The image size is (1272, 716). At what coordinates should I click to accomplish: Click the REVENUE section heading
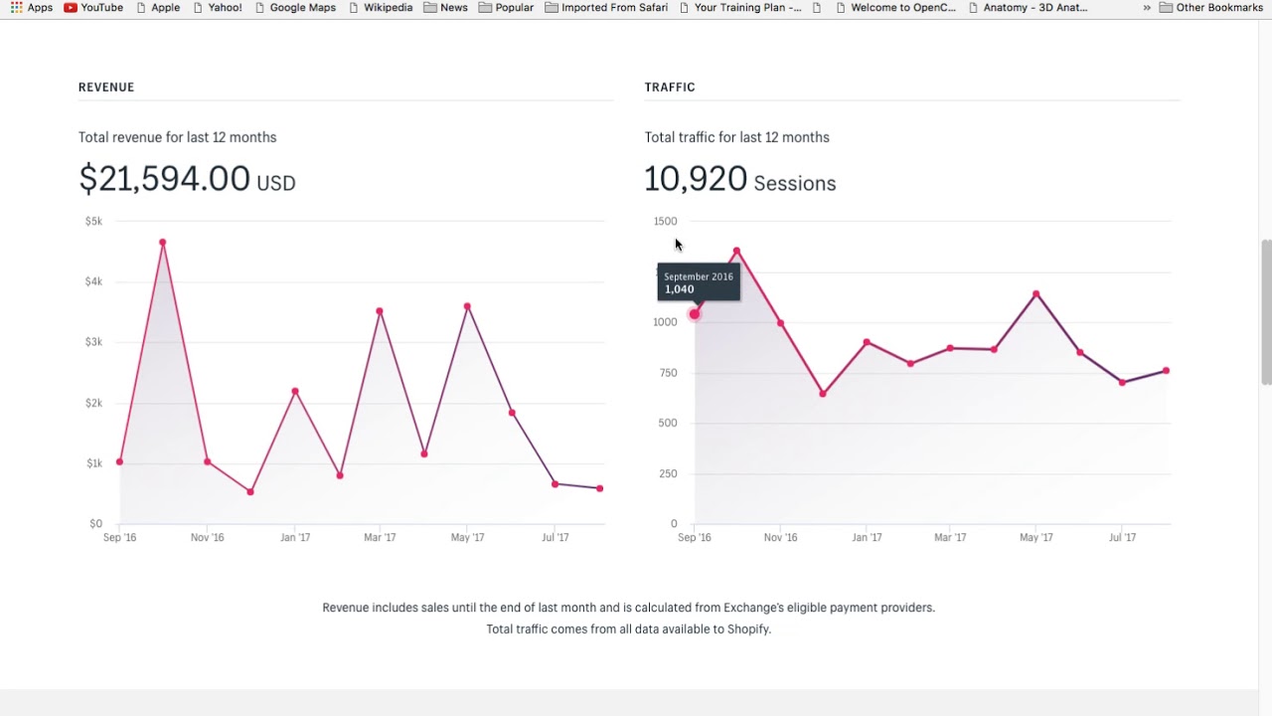point(106,88)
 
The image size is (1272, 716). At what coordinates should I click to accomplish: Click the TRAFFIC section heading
point(670,88)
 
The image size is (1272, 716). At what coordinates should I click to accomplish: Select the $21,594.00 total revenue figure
point(165,179)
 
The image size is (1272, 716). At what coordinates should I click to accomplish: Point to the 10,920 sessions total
point(696,179)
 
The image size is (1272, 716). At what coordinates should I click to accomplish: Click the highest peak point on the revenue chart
point(162,242)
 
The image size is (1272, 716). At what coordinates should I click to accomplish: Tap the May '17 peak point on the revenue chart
point(467,306)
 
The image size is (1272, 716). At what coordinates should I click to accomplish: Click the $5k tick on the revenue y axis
point(93,221)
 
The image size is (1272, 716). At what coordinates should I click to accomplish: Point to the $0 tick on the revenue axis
point(95,523)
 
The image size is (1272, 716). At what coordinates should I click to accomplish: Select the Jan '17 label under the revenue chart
point(295,537)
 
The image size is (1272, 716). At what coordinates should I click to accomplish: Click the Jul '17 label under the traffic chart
point(1122,537)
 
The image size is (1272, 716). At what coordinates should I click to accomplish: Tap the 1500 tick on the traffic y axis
point(665,221)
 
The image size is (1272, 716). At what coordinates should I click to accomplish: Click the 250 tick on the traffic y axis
point(668,473)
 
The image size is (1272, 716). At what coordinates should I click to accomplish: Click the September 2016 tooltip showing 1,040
point(699,282)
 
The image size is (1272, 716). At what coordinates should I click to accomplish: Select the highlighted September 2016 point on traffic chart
point(695,314)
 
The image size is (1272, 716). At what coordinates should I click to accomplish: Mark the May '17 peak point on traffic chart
point(1035,294)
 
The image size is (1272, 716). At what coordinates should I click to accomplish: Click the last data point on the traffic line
point(1166,371)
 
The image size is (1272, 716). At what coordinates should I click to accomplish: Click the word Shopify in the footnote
point(747,629)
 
